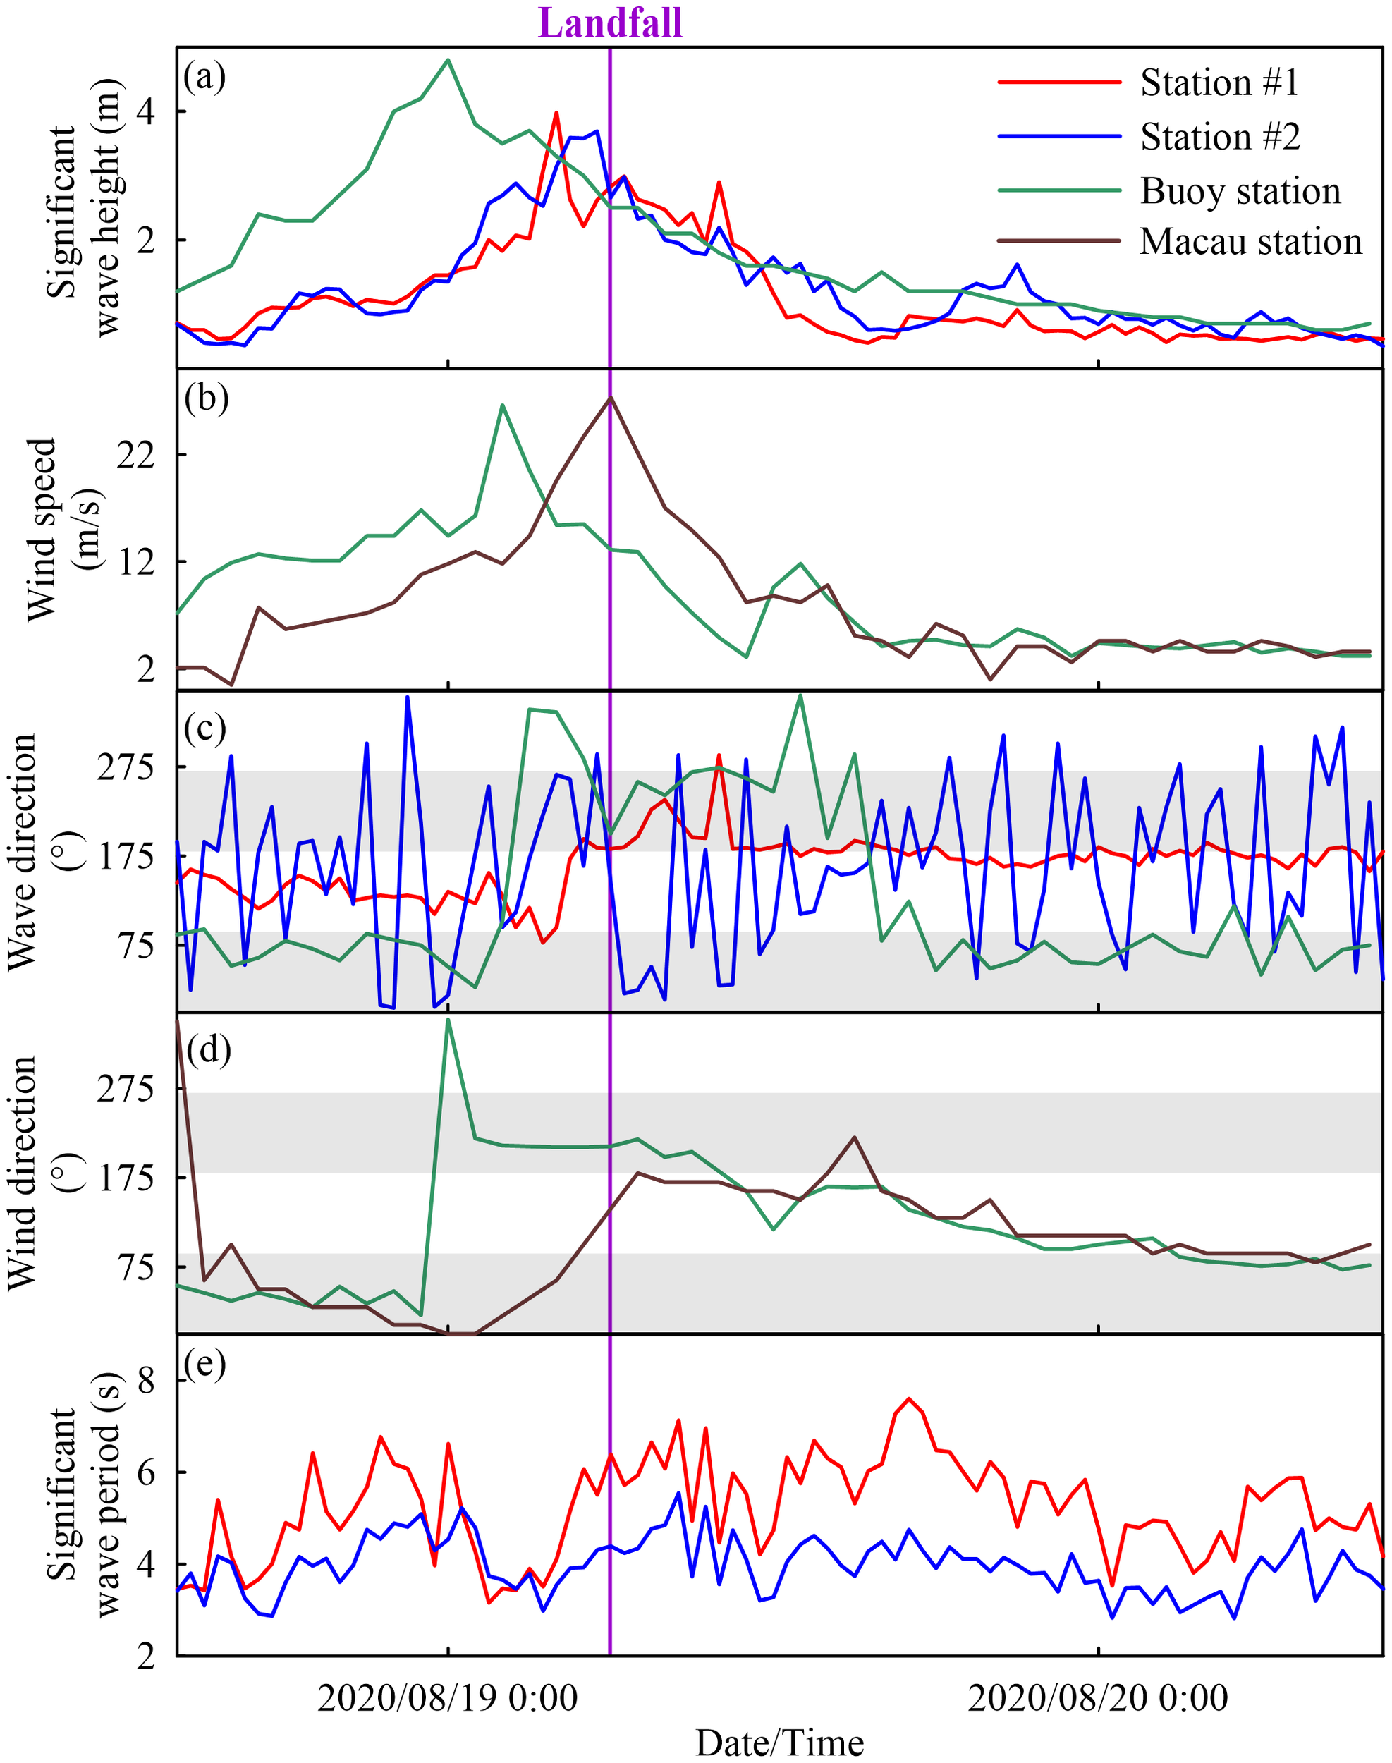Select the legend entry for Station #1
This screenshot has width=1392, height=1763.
pos(1219,83)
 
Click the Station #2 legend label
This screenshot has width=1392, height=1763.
pos(1219,136)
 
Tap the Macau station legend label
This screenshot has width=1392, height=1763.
pos(1250,242)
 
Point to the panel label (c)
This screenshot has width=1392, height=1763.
pos(204,727)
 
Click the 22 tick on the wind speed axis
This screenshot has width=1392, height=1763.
pos(136,455)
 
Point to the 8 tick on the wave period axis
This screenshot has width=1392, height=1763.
pos(147,1381)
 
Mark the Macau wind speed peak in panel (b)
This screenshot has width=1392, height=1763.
pos(611,398)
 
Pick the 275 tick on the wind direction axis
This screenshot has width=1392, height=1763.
pos(126,1089)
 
